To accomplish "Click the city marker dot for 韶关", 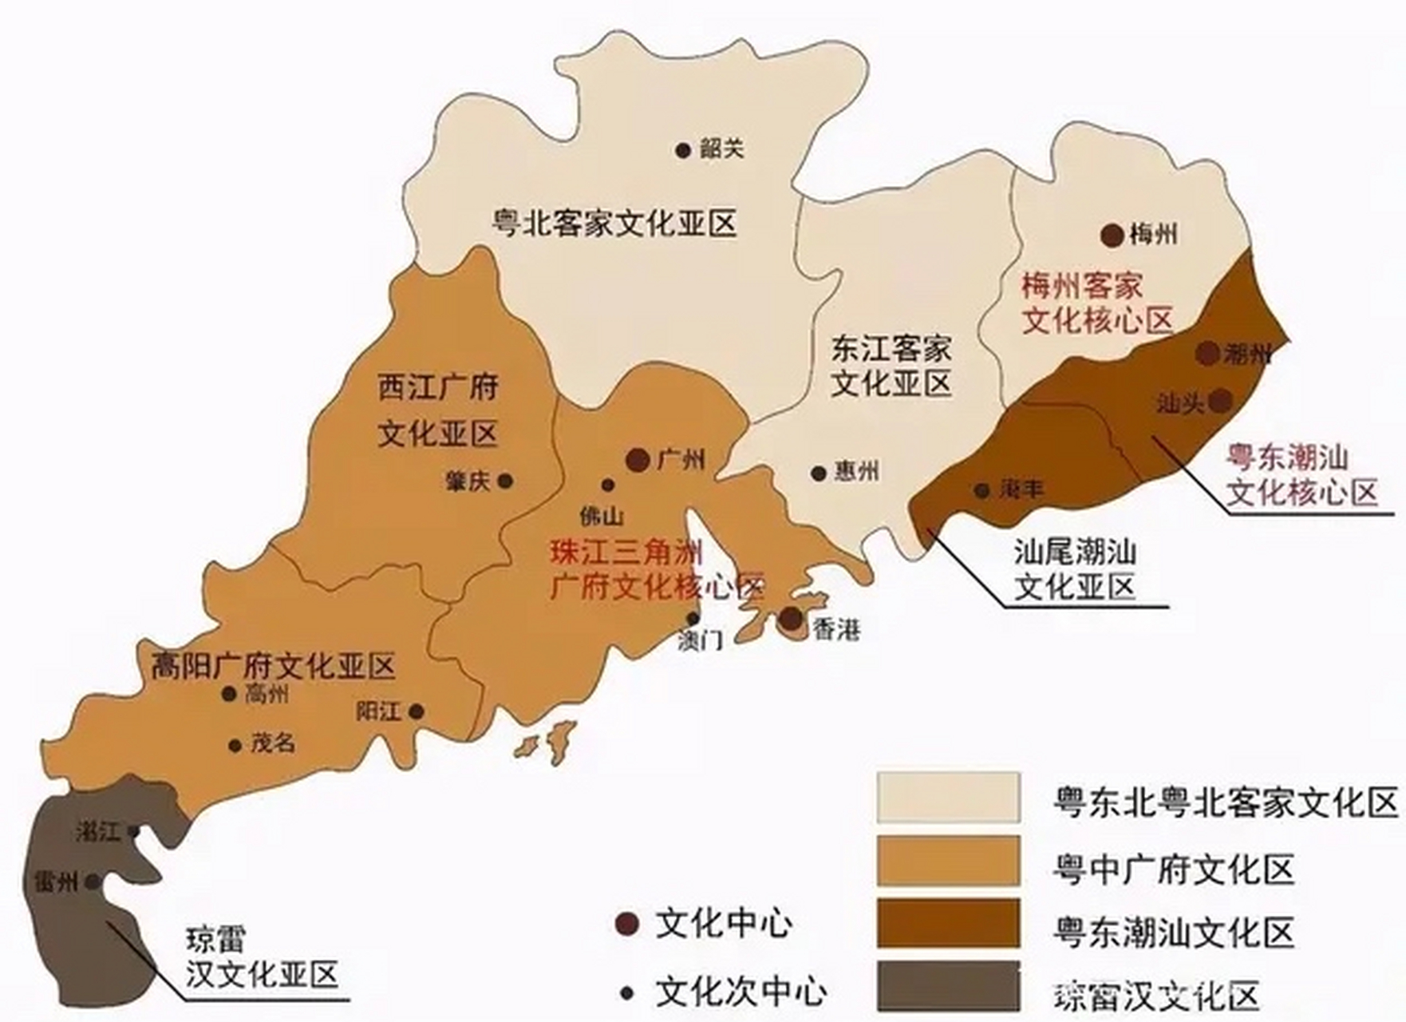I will (682, 149).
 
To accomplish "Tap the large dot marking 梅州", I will (1112, 235).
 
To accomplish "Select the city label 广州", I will (681, 460).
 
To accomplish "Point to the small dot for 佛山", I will (607, 485).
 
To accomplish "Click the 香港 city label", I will (836, 630).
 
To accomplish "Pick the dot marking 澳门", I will (693, 619).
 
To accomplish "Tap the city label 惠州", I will (856, 471).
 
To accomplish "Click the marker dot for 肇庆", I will (504, 481).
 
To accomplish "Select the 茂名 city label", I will (273, 743).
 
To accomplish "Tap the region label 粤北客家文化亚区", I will (613, 224).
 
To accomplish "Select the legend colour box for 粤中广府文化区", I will (948, 862).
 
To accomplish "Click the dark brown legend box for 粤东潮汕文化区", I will (948, 923).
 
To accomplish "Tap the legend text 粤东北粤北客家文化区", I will (1224, 802).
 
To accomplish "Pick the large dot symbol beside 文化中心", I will (627, 925).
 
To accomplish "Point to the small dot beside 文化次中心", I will (627, 994).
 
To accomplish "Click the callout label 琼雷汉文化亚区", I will (262, 957).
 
